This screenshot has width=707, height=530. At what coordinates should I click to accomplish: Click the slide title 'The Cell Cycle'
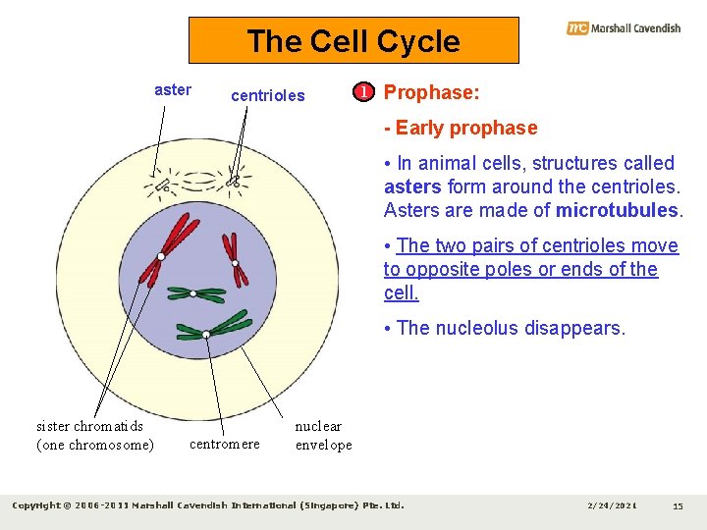tap(353, 41)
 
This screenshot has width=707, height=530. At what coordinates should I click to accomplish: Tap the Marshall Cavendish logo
tap(624, 28)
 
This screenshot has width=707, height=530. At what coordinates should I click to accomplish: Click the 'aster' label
tap(173, 89)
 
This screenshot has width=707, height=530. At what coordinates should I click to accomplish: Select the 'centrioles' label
tap(267, 96)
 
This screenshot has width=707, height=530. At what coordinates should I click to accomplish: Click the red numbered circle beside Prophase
tap(364, 93)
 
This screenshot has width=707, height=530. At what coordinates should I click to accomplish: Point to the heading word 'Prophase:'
tap(431, 93)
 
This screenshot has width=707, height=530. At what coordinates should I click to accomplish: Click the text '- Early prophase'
tap(461, 128)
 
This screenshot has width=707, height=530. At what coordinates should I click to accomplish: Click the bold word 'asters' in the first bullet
tap(412, 186)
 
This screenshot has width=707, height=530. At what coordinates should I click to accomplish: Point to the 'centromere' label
tap(224, 444)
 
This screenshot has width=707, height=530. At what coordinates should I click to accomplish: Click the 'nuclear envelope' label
tap(323, 435)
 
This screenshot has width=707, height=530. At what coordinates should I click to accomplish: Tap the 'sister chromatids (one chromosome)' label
tap(94, 435)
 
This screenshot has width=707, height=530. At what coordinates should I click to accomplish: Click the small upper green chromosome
tap(194, 292)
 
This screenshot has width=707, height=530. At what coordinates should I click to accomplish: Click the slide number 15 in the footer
tap(678, 505)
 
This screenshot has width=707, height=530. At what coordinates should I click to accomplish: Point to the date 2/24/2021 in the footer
tap(612, 505)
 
